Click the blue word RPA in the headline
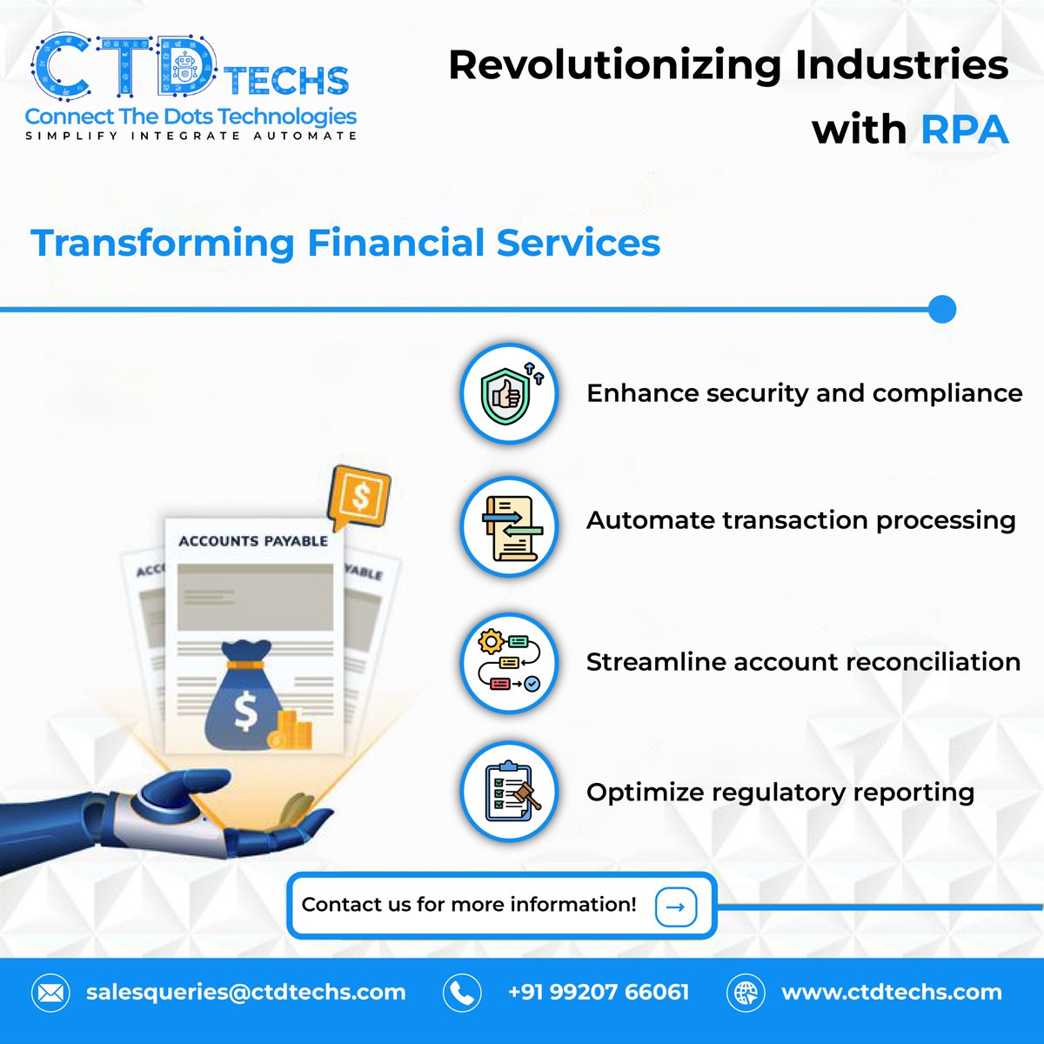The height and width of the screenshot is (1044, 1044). click(964, 130)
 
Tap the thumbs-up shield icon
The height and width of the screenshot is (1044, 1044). click(508, 393)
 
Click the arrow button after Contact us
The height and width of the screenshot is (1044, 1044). click(675, 907)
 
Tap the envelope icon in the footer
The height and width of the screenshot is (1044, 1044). click(50, 993)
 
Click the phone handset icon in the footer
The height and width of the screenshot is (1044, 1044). click(462, 993)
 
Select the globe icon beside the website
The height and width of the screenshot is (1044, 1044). click(746, 993)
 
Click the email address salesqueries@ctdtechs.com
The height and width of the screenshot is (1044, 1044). click(245, 993)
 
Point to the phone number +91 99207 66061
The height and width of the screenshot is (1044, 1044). click(599, 993)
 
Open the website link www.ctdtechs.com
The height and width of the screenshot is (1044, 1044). click(891, 993)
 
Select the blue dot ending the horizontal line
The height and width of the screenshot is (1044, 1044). click(941, 309)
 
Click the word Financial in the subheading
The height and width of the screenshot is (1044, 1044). click(395, 243)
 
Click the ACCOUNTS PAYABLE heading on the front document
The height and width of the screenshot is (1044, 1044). click(253, 541)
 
